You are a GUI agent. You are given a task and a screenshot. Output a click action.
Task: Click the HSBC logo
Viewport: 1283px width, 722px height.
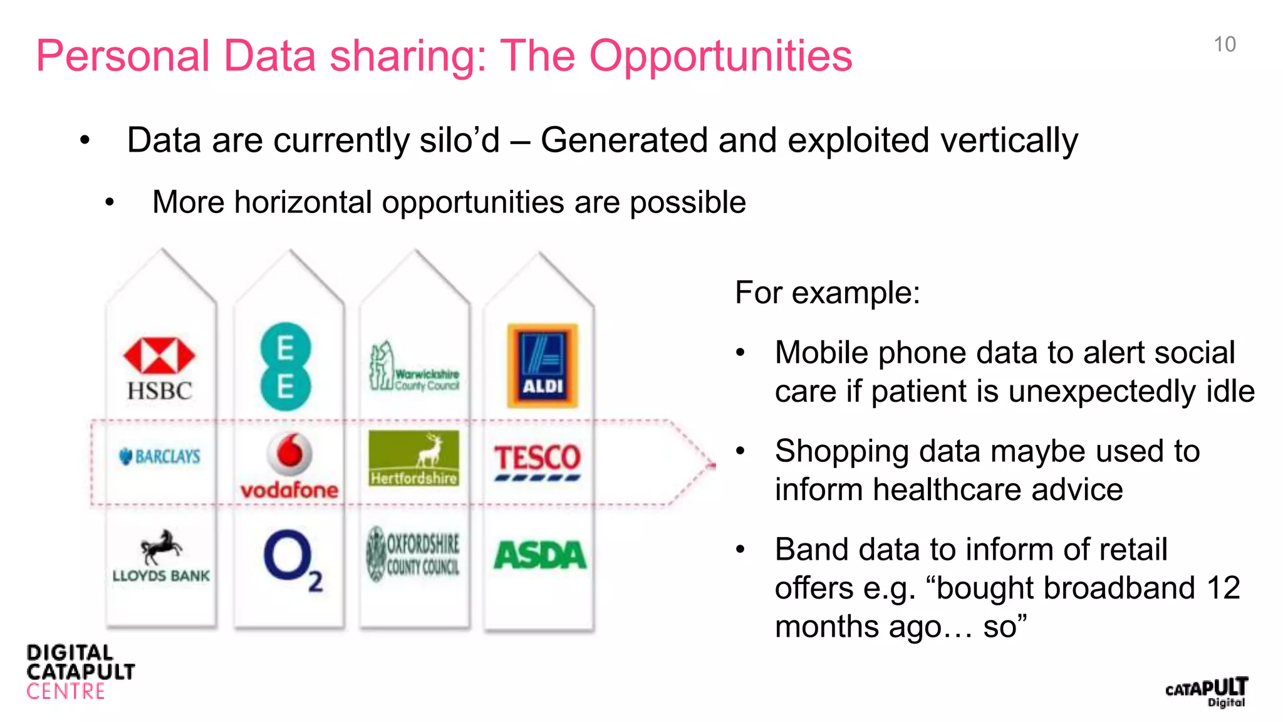pos(159,369)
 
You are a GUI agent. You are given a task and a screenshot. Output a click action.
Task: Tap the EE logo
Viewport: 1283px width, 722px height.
pos(285,367)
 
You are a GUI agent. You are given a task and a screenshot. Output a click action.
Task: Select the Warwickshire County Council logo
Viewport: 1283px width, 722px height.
pos(414,367)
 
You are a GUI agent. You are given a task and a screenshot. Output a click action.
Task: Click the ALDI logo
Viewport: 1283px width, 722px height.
pos(543,365)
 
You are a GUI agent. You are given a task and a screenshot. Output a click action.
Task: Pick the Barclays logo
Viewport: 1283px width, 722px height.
pos(160,456)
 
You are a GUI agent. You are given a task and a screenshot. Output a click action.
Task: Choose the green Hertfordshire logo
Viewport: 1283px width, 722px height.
pos(413,458)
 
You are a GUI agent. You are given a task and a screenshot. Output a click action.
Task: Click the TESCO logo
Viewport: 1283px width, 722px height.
pos(538,461)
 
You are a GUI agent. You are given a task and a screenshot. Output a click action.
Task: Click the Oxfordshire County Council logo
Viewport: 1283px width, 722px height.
pos(413,554)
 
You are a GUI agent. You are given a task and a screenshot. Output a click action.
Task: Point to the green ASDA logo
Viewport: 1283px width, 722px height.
pos(540,555)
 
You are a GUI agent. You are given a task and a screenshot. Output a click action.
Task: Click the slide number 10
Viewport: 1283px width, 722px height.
pos(1224,44)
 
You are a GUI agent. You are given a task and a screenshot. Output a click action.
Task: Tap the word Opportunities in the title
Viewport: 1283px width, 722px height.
pos(720,56)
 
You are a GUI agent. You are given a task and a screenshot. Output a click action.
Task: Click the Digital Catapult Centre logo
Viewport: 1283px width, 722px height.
pos(80,672)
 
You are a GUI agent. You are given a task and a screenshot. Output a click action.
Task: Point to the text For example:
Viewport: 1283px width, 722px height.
pos(828,293)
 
